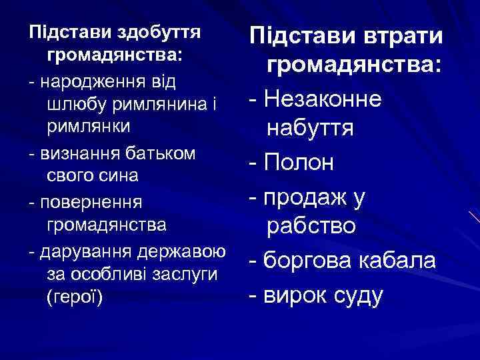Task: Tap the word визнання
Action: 76,154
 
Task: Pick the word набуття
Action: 310,129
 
